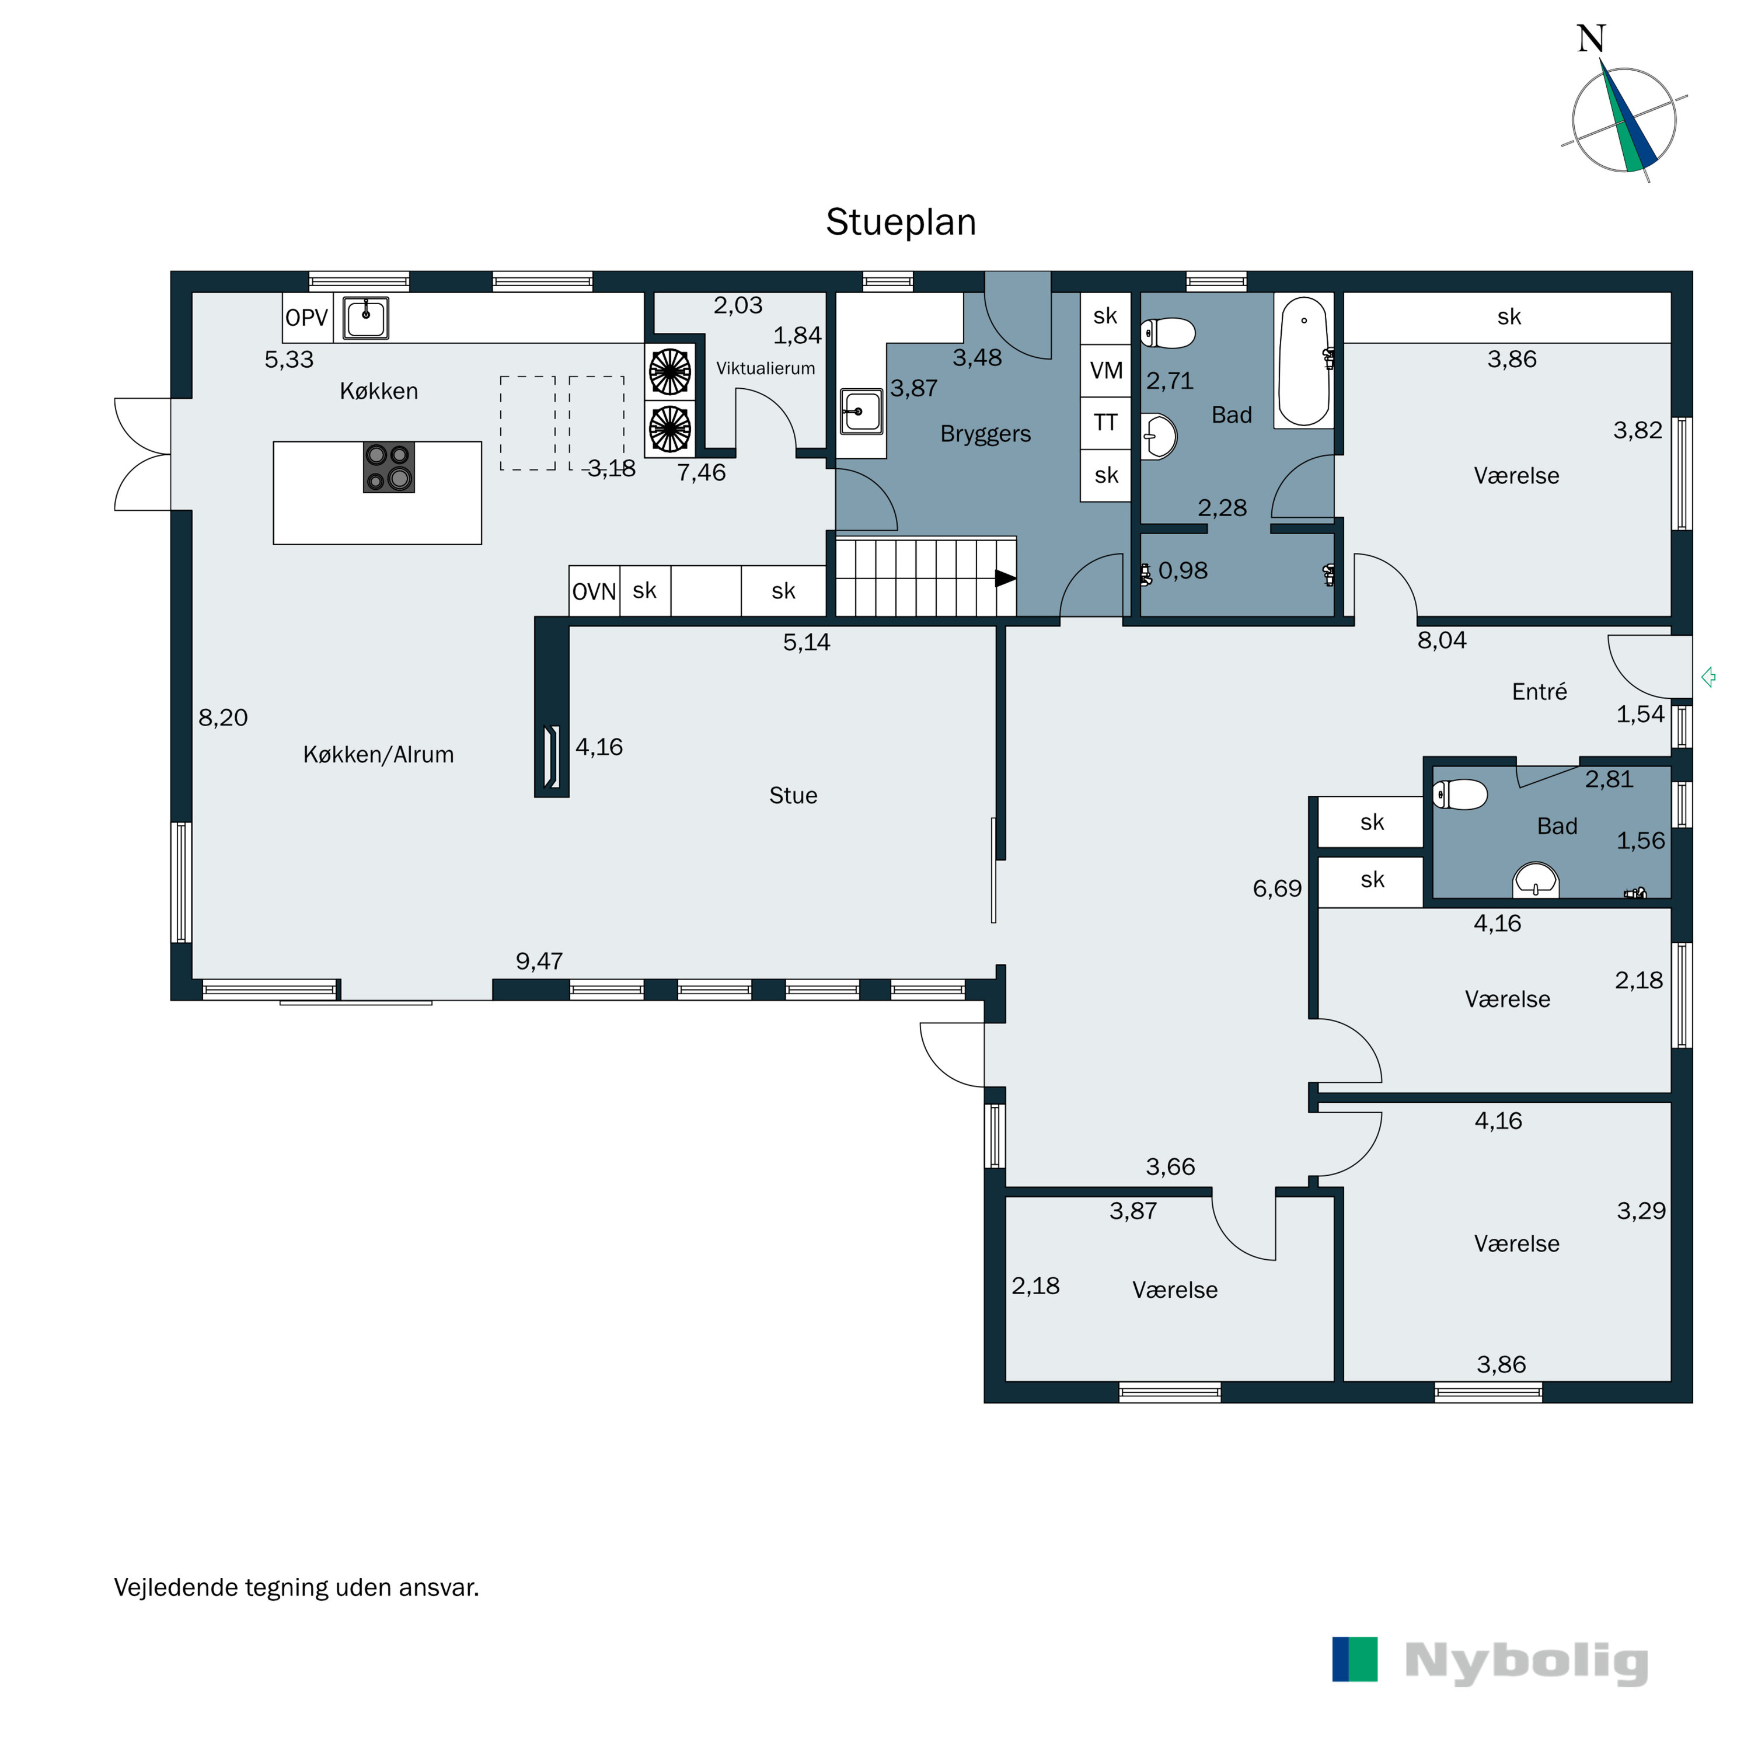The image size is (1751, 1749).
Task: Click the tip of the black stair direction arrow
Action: click(x=1016, y=577)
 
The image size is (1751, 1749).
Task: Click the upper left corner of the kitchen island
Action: click(x=274, y=441)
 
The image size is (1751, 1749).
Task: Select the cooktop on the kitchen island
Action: click(x=389, y=467)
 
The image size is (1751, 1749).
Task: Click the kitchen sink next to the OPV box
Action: click(x=366, y=318)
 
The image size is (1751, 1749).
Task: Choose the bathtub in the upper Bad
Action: click(x=1303, y=361)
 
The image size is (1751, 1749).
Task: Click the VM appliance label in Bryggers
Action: click(x=1105, y=371)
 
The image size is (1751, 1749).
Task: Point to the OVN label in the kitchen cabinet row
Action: click(x=595, y=592)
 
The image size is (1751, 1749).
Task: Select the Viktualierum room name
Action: click(x=766, y=368)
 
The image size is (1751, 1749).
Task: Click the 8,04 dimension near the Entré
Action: click(x=1442, y=640)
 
